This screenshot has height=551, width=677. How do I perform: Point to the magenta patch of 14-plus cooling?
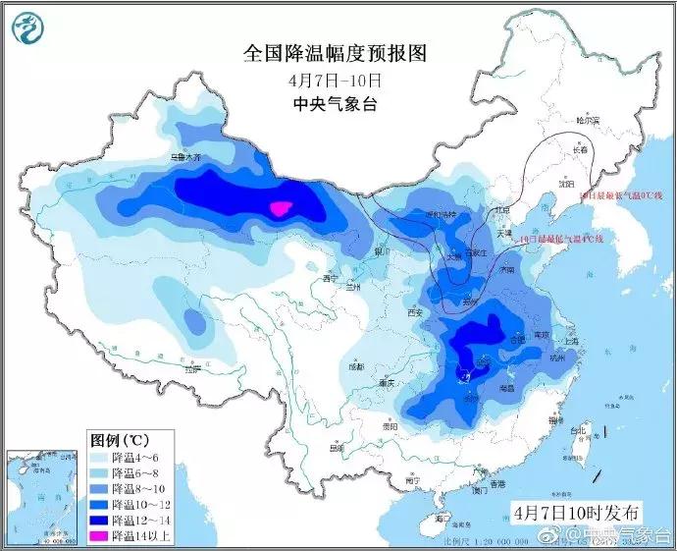[x=281, y=207]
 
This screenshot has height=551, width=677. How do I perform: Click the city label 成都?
[x=354, y=365]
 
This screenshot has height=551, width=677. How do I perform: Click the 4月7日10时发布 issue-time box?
[x=576, y=511]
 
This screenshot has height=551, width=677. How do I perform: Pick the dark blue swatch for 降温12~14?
[x=100, y=519]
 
